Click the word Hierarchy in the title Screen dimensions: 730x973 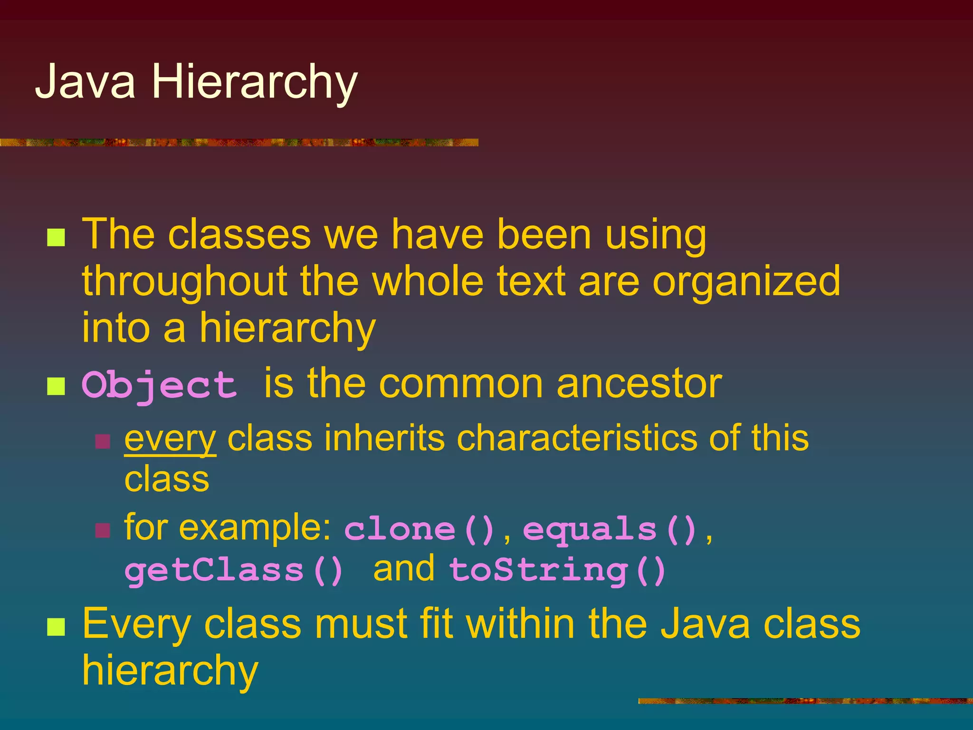click(x=254, y=83)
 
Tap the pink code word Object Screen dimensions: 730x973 click(x=159, y=385)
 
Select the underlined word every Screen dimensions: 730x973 click(x=170, y=439)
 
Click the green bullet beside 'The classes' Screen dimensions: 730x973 click(x=56, y=237)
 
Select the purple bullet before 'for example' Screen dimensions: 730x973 click(x=103, y=530)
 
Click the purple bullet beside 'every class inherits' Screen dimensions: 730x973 click(x=103, y=442)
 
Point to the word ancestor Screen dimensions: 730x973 click(x=639, y=384)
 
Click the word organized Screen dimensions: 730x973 click(x=746, y=282)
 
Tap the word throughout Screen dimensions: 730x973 click(x=185, y=282)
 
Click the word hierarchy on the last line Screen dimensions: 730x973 click(x=170, y=670)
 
